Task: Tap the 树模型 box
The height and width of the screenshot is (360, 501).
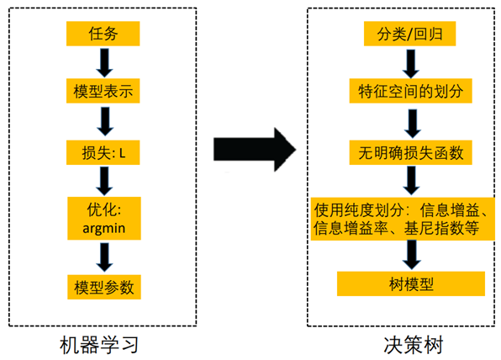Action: tap(409, 283)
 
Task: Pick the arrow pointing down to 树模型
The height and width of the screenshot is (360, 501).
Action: tap(411, 255)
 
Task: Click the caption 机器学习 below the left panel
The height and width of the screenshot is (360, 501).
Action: tap(98, 344)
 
